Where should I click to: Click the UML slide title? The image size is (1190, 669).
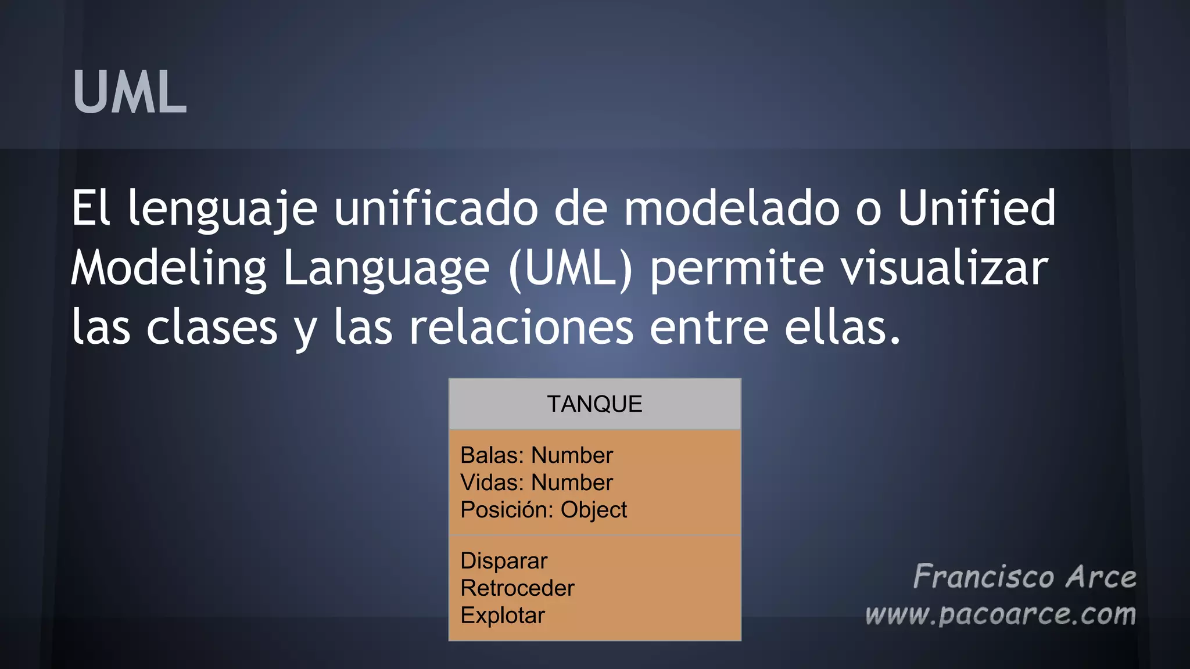tap(130, 92)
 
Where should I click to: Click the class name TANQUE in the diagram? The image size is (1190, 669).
tap(594, 404)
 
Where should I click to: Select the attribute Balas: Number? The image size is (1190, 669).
tap(536, 455)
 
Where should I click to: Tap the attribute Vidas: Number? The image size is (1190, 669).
tap(536, 483)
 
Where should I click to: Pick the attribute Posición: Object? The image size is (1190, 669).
tap(543, 510)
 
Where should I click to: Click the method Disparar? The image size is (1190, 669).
tap(504, 561)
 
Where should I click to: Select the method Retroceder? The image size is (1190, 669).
tap(517, 588)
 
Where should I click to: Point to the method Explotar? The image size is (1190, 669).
tap(503, 616)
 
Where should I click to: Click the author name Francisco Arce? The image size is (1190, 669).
tap(1024, 577)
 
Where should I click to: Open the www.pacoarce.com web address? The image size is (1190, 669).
tap(1000, 614)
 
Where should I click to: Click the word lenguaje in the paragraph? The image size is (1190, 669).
tap(223, 209)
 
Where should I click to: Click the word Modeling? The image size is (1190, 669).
tap(169, 269)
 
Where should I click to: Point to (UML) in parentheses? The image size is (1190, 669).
tap(570, 269)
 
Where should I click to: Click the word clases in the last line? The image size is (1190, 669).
tap(212, 328)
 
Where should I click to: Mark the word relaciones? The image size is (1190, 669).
tap(521, 328)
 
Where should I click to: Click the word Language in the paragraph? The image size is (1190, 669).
tap(386, 269)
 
